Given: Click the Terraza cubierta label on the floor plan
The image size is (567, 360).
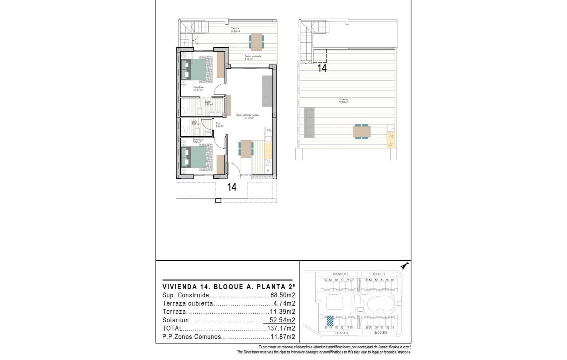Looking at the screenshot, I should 253,57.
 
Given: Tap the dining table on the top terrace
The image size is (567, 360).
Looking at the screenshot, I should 256,41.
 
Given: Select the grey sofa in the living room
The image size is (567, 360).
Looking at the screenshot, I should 267,91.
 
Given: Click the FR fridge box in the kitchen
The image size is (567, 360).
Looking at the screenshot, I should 268,131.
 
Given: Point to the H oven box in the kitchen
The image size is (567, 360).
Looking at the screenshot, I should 268,171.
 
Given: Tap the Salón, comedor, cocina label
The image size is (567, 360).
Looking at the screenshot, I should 247,116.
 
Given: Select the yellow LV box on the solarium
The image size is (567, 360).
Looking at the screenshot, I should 391,144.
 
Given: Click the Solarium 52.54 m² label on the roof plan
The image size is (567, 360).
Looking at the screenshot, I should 344,101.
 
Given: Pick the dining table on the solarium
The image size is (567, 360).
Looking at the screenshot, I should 362,132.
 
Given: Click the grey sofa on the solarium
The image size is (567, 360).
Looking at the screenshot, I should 309,122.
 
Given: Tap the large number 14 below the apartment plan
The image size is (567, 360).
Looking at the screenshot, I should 232,187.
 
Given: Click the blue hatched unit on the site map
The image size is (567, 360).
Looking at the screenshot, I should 330,321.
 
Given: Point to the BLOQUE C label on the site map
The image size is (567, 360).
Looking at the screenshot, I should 378,274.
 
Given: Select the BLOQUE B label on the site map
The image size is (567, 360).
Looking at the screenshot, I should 380,333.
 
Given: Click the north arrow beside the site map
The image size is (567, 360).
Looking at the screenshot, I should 405,266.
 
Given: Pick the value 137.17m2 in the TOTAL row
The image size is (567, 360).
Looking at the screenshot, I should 281,328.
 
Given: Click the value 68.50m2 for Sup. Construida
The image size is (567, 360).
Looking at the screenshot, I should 282,295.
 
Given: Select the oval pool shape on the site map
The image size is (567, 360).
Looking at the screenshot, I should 381,304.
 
